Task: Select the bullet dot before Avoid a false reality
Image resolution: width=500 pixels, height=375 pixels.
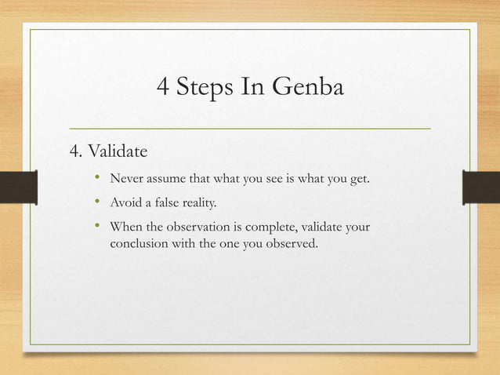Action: click(x=97, y=203)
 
